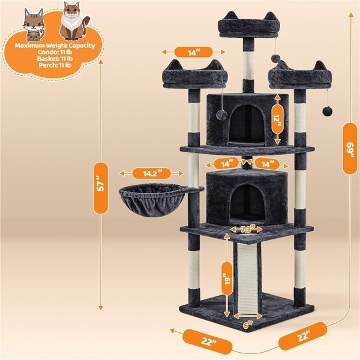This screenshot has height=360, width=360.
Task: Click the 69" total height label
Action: pyautogui.click(x=349, y=148)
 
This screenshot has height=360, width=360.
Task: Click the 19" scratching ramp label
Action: pyautogui.click(x=227, y=280)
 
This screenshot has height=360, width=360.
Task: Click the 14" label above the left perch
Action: pyautogui.click(x=193, y=53)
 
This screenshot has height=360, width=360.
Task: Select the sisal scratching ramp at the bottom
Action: pyautogui.click(x=246, y=276)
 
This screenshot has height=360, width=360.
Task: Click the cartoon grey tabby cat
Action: pyautogui.click(x=33, y=20)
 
